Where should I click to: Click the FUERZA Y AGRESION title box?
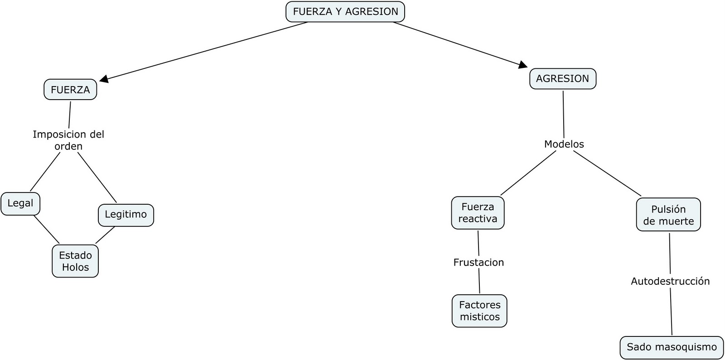click(345, 12)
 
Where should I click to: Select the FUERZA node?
click(70, 90)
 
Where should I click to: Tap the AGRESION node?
click(562, 79)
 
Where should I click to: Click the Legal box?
click(20, 203)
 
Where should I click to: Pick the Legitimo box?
click(126, 215)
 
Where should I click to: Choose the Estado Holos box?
click(75, 261)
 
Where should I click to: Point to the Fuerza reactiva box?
click(478, 213)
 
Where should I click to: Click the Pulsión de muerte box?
click(668, 215)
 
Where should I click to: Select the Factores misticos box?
click(479, 311)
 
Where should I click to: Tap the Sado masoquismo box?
click(672, 347)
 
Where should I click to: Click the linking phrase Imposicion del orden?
click(68, 140)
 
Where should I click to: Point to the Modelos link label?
click(564, 144)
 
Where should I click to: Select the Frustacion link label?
click(478, 262)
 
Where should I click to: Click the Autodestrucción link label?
click(670, 281)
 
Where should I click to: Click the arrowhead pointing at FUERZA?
click(104, 79)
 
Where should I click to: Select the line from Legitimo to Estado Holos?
click(105, 235)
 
